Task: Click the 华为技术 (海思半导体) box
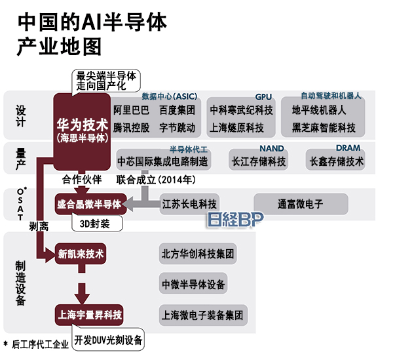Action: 82,129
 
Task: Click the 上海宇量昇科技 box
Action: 89,315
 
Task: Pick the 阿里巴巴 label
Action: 131,110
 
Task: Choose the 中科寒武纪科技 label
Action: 240,110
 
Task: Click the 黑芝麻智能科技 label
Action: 324,127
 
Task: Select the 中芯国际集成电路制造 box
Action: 162,160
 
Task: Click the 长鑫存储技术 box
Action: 336,160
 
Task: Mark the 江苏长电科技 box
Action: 189,204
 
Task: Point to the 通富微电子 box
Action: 300,204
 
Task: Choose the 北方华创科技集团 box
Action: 198,253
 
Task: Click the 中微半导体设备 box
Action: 193,284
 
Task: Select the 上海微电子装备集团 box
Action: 202,315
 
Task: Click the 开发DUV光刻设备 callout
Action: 109,341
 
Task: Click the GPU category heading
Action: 263,96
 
